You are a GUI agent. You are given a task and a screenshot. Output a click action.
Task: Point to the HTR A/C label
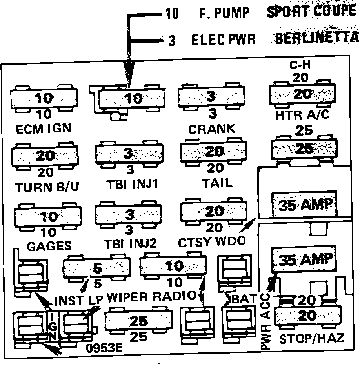pos(302,115)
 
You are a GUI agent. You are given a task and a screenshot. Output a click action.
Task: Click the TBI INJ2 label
pos(130,244)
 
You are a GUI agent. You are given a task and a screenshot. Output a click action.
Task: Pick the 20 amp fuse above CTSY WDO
pos(214,212)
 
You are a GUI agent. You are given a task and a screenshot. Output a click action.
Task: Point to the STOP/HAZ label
pos(311,339)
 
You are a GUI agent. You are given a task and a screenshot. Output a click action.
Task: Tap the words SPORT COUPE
pos(311,11)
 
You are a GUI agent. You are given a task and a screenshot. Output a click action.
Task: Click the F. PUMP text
pos(224,14)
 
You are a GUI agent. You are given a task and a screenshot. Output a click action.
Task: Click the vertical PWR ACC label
pos(266,321)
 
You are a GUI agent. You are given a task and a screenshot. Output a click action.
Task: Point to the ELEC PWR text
pos(223,40)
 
